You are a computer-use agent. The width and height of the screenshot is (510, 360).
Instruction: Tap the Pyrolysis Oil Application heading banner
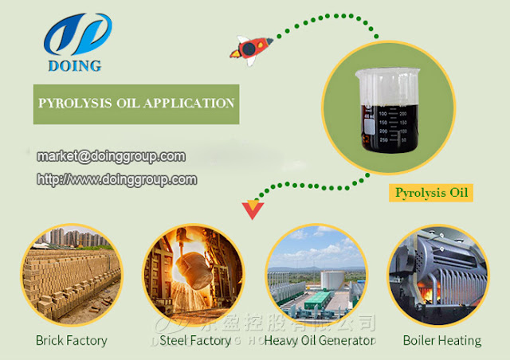(136, 104)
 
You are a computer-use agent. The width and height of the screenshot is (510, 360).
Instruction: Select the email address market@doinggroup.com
(112, 156)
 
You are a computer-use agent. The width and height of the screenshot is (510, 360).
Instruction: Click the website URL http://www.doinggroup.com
(117, 179)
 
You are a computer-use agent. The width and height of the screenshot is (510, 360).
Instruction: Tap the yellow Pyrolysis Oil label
(431, 192)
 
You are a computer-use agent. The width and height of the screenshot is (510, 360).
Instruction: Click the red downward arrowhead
(253, 211)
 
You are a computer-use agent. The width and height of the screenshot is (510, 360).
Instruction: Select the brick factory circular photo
(71, 275)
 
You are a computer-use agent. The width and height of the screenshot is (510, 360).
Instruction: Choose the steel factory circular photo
(189, 275)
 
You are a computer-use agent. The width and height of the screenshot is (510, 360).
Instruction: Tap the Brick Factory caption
(71, 340)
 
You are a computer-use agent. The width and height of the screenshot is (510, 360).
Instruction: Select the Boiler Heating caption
(441, 340)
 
